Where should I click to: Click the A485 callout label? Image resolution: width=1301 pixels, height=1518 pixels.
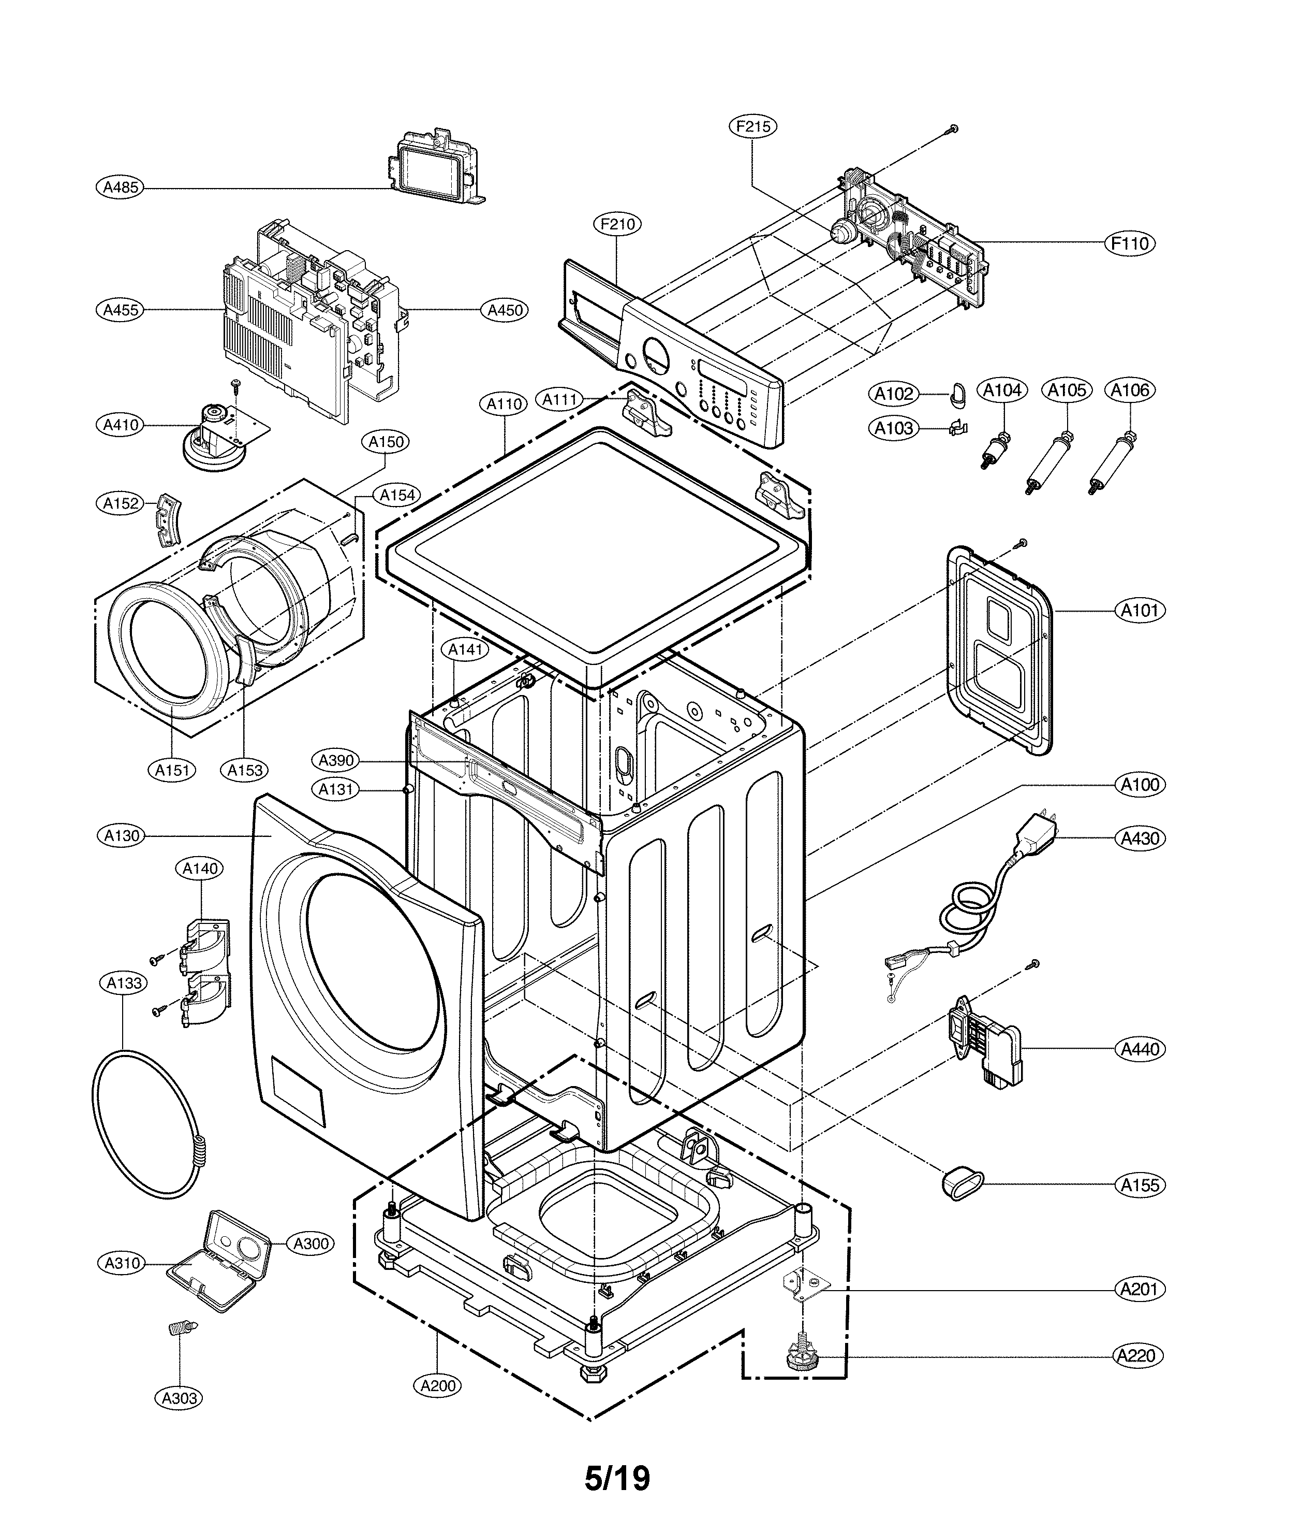pyautogui.click(x=120, y=187)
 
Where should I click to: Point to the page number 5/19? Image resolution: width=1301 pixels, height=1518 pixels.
pyautogui.click(x=617, y=1477)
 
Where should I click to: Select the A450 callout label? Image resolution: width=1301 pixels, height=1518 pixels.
pyautogui.click(x=505, y=310)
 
